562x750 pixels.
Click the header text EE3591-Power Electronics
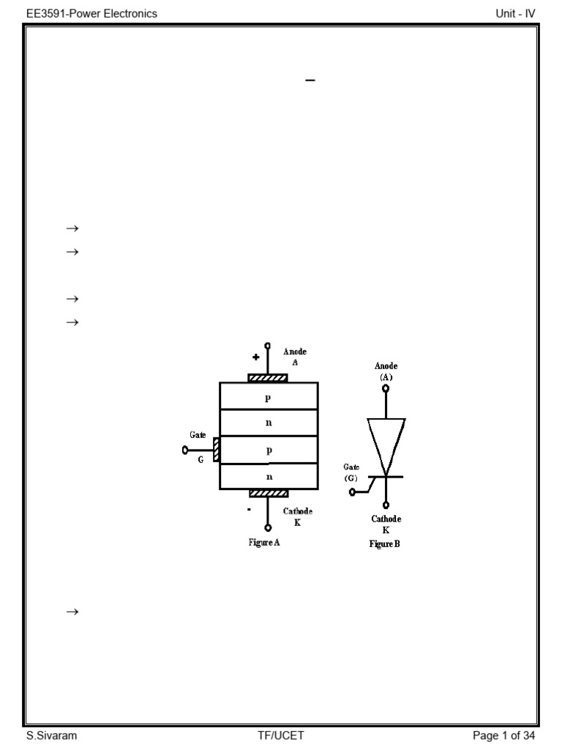click(91, 13)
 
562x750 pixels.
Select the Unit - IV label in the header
click(515, 13)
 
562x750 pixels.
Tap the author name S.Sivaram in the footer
click(51, 736)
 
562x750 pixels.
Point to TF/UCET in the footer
click(281, 736)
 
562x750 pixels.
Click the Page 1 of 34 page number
click(504, 736)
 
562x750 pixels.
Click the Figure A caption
click(264, 543)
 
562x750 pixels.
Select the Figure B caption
click(385, 544)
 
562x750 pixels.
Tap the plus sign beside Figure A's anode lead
click(256, 357)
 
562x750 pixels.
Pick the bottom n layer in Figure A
click(269, 477)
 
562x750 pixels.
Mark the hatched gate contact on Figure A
click(217, 450)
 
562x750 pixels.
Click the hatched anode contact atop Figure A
click(268, 379)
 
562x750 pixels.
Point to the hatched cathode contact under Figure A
click(268, 493)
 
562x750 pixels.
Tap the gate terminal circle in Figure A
click(185, 450)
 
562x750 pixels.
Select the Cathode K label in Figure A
click(297, 516)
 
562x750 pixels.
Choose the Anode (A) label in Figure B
click(386, 371)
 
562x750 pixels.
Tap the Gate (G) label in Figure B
click(351, 472)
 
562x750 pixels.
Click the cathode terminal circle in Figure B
click(386, 505)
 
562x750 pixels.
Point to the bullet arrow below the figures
click(72, 612)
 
